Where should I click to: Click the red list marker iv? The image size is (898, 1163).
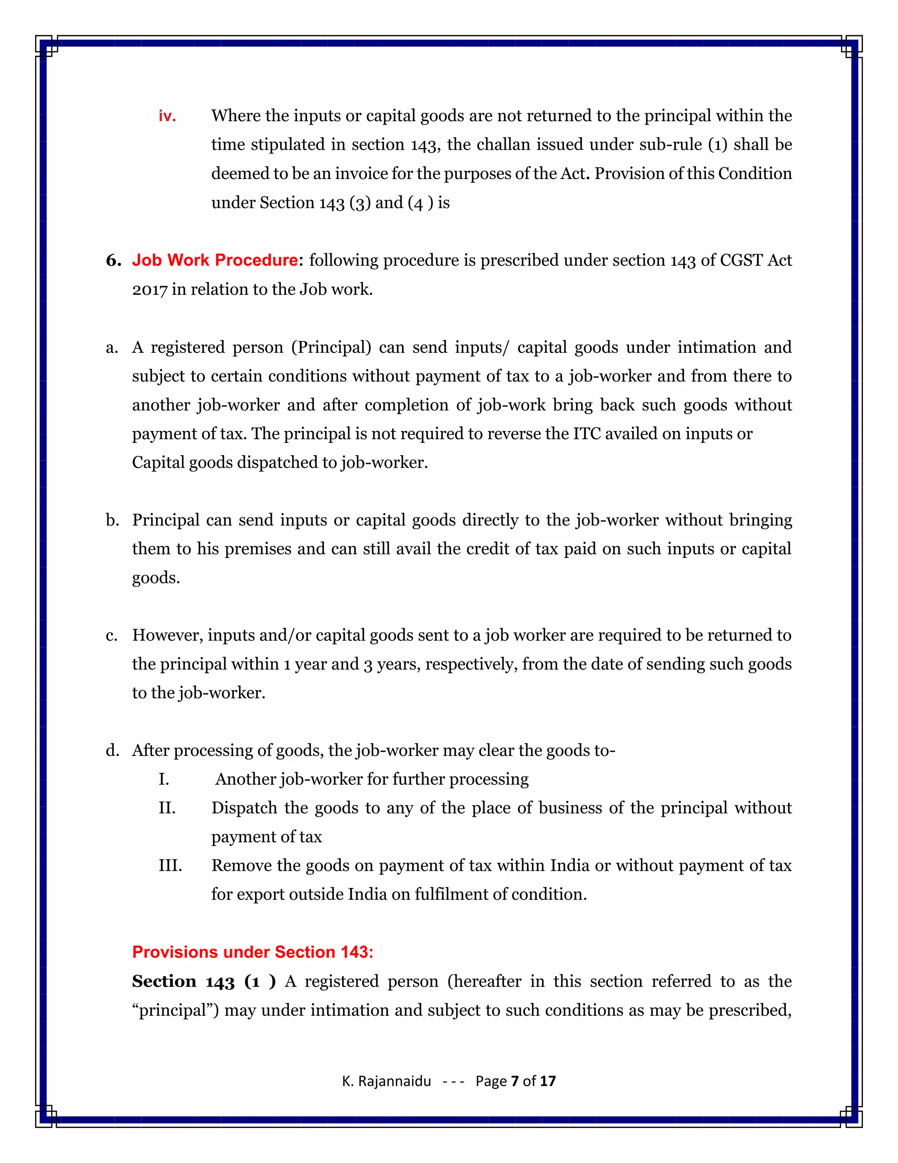coord(167,116)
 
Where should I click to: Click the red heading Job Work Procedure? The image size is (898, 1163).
coord(215,260)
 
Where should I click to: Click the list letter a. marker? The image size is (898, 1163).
coord(112,348)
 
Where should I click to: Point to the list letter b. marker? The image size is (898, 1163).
coord(112,520)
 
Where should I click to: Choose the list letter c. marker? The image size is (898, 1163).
coord(112,635)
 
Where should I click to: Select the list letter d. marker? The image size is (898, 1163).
coord(112,750)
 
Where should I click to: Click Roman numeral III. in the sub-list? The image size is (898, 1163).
coord(170,865)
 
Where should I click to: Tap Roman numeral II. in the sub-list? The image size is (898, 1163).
coord(167,808)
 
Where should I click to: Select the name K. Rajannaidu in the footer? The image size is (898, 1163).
coord(386,1081)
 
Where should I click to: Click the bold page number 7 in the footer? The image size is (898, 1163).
coord(514,1081)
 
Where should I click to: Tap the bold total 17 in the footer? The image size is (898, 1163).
coord(548,1081)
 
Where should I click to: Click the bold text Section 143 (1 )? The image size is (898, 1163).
coord(204,981)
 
